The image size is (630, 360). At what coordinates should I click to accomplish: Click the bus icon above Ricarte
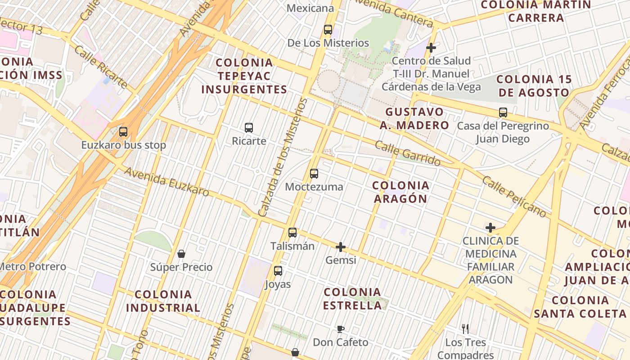pyautogui.click(x=249, y=128)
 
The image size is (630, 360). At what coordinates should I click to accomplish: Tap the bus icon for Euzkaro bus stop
pyautogui.click(x=123, y=132)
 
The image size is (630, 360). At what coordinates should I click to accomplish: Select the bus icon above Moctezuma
pyautogui.click(x=314, y=174)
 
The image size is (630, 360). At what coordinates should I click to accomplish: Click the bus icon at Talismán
pyautogui.click(x=292, y=233)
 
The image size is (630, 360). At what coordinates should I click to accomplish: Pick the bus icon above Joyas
pyautogui.click(x=278, y=271)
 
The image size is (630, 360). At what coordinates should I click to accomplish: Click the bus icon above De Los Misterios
pyautogui.click(x=328, y=30)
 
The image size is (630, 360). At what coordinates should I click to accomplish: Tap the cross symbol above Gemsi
pyautogui.click(x=341, y=247)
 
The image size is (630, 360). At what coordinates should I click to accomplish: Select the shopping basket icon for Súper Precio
pyautogui.click(x=181, y=254)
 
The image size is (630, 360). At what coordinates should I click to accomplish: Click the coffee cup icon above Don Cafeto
pyautogui.click(x=341, y=329)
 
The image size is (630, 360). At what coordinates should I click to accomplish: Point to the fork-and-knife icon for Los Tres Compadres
pyautogui.click(x=465, y=329)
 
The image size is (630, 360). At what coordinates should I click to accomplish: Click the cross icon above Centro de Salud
pyautogui.click(x=431, y=47)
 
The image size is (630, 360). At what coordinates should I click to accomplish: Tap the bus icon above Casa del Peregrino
pyautogui.click(x=503, y=112)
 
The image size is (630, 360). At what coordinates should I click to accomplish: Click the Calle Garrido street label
pyautogui.click(x=407, y=153)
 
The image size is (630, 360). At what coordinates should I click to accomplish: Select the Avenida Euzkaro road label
pyautogui.click(x=166, y=182)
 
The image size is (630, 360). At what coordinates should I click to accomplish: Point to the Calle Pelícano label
pyautogui.click(x=514, y=196)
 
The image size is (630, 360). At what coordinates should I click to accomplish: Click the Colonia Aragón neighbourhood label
pyautogui.click(x=400, y=192)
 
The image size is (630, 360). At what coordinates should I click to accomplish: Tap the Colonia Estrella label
pyautogui.click(x=353, y=299)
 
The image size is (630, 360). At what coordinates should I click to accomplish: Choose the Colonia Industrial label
pyautogui.click(x=163, y=301)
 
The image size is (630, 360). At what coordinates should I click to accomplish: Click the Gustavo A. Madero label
pyautogui.click(x=414, y=118)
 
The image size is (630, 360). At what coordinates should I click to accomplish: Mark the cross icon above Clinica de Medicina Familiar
pyautogui.click(x=490, y=228)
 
